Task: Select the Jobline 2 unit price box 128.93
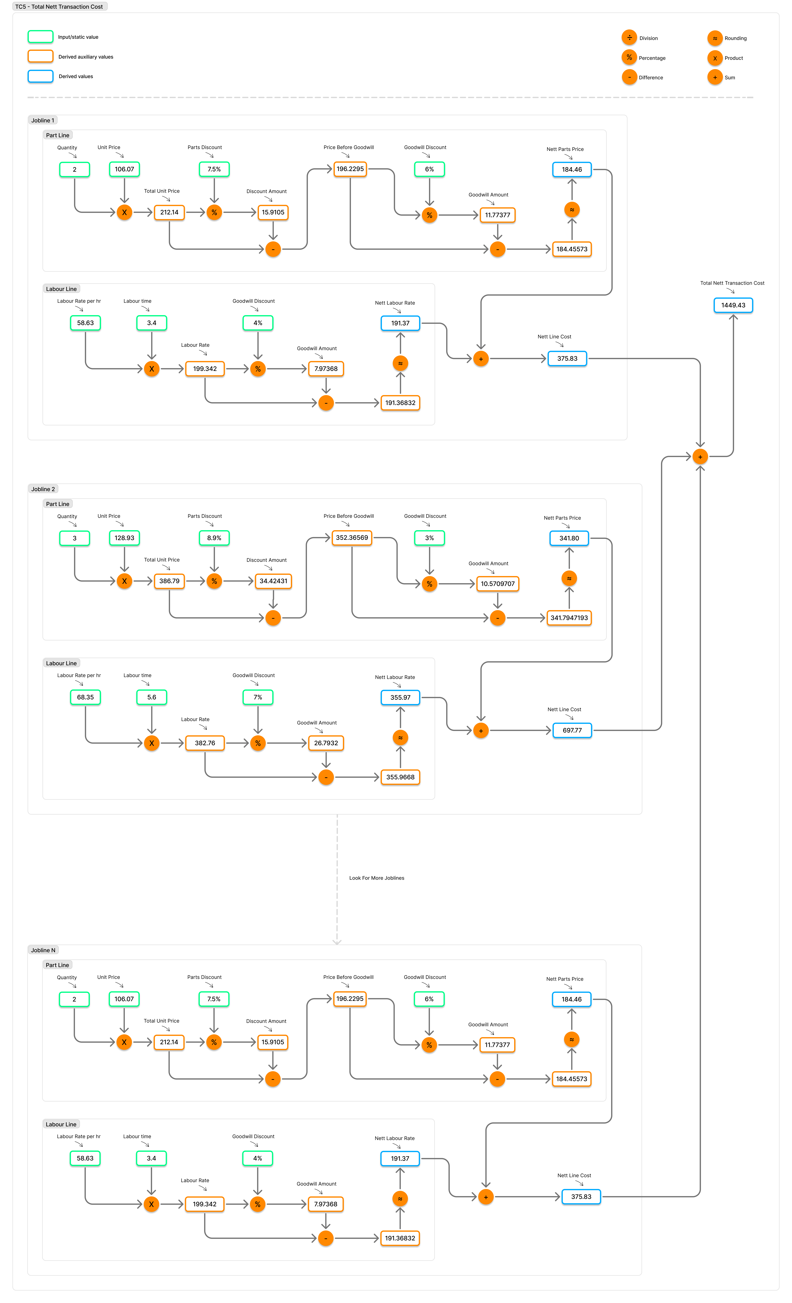124,538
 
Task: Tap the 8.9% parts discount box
214,538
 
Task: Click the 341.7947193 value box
569,618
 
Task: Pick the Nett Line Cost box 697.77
572,730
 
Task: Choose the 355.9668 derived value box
400,777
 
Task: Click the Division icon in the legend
629,37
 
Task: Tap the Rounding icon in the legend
715,37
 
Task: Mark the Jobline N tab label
43,950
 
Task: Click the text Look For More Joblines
376,878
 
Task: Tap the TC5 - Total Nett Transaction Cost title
59,6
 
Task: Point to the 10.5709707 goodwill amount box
497,584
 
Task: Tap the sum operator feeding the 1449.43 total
700,456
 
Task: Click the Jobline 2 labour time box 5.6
152,697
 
